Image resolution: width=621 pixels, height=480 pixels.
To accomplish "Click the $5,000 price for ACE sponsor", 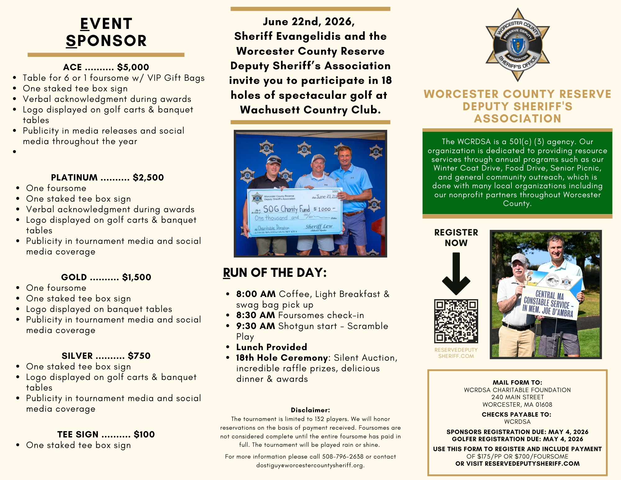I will [x=133, y=67].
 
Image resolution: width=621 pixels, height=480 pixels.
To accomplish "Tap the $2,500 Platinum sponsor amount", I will [x=148, y=177].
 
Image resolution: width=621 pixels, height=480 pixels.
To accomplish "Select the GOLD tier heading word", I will [x=74, y=277].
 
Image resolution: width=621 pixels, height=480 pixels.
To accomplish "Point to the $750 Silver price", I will [x=139, y=356].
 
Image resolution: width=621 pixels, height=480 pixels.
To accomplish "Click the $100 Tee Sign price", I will [x=144, y=434].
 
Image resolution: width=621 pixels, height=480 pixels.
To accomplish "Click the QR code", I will [x=456, y=321].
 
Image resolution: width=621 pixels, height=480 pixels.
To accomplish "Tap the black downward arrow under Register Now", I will [x=456, y=273].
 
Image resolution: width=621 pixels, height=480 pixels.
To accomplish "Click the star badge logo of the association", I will [x=518, y=45].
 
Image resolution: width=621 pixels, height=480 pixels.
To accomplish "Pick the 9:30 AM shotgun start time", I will [x=256, y=326].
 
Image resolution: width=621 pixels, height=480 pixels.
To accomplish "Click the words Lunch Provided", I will [x=271, y=347].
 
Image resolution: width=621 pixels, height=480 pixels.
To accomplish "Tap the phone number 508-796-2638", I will [x=342, y=456].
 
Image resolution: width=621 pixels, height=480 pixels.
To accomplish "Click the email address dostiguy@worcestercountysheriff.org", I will [x=310, y=465].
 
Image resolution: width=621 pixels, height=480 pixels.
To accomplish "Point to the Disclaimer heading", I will [x=310, y=410].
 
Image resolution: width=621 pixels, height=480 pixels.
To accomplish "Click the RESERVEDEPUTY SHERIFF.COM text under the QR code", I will [x=456, y=353].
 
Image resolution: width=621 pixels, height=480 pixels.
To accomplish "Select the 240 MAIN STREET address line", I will [x=517, y=397].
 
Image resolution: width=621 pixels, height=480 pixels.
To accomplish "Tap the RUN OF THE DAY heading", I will [x=275, y=272].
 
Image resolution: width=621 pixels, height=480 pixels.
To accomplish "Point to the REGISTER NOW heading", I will [x=456, y=237].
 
